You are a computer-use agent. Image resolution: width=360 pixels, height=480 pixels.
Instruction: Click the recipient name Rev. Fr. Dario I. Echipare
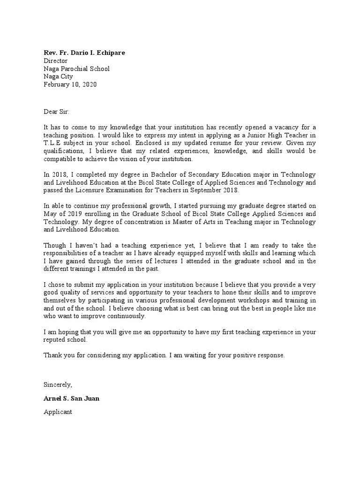click(x=84, y=53)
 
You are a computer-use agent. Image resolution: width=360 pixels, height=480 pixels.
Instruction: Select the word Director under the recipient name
click(x=56, y=61)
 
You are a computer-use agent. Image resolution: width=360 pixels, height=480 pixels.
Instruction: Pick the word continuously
click(x=126, y=316)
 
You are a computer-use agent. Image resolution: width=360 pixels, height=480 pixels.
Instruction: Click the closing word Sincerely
click(x=58, y=385)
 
